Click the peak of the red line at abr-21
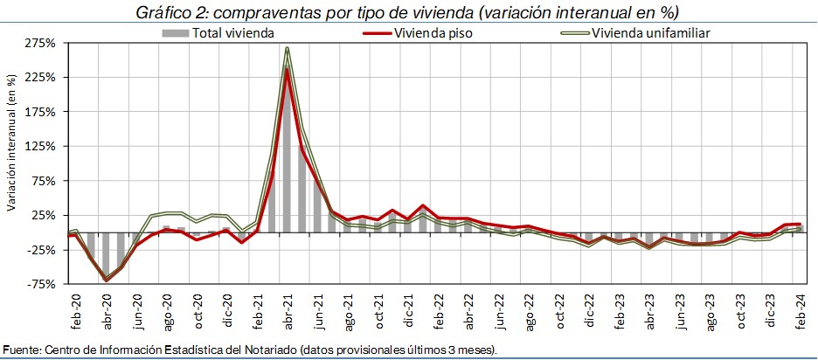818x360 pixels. point(287,69)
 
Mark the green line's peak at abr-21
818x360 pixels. point(287,48)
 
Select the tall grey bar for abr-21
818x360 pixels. point(287,149)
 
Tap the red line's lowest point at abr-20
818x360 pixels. point(107,280)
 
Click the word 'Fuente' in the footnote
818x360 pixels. point(20,350)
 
